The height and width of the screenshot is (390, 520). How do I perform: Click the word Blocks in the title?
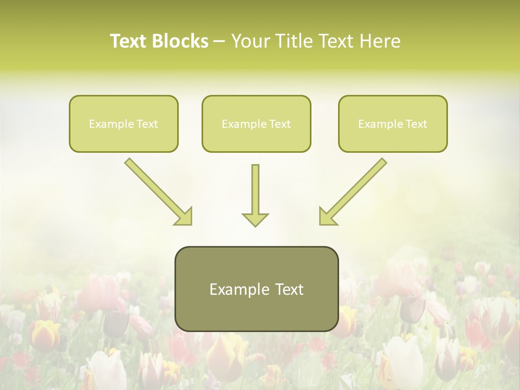pos(181,41)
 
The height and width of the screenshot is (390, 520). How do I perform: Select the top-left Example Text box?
pos(123,123)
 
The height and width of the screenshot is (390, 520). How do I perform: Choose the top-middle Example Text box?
pos(256,123)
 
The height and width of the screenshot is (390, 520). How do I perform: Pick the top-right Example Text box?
pos(393,123)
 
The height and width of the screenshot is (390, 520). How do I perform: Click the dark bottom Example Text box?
pos(256,289)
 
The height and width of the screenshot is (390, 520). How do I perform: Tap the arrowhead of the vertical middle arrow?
pos(255,219)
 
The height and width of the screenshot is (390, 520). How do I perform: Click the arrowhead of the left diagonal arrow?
pos(184,217)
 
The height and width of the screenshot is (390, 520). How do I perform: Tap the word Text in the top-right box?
pos(416,123)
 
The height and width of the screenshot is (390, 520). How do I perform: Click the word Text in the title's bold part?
pos(130,41)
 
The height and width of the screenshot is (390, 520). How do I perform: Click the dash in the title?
pos(219,41)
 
